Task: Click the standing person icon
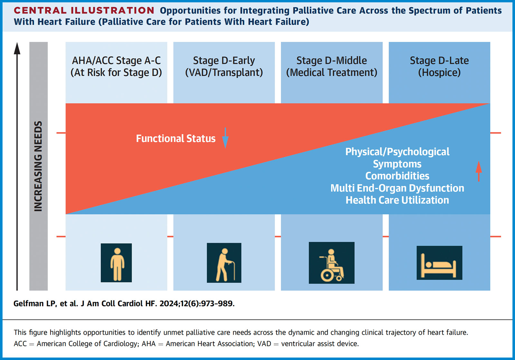(116, 263)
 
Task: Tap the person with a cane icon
(224, 263)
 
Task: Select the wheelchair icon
(332, 263)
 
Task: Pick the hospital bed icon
(439, 263)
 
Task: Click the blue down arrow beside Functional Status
(225, 138)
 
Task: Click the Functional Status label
(176, 138)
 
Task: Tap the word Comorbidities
(397, 176)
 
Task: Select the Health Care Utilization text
(397, 200)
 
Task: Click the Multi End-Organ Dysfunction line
(397, 188)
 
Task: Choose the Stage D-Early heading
(224, 60)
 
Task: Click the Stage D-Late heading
(439, 60)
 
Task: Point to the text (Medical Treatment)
(332, 72)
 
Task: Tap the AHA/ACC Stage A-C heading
(116, 60)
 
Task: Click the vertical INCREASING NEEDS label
(38, 166)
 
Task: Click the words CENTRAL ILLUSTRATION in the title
(84, 10)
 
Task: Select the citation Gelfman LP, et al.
(46, 304)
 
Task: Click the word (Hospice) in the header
(439, 72)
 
